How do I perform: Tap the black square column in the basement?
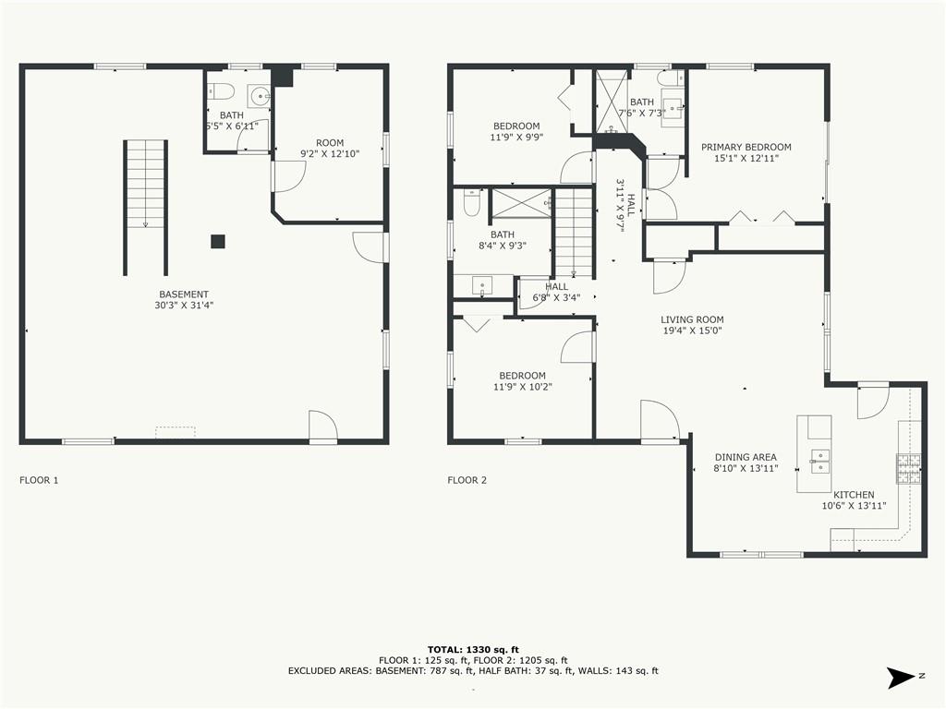tap(218, 241)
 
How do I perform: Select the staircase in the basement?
tap(145, 208)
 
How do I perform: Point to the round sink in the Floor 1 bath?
tap(260, 95)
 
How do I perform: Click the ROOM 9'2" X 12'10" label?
tap(330, 149)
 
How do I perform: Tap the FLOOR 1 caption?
tap(39, 480)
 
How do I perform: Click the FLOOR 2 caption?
tap(467, 480)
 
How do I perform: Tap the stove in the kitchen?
tap(908, 468)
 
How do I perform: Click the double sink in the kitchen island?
tap(819, 462)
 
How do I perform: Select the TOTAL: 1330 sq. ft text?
tap(473, 649)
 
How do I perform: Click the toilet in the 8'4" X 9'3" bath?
tap(471, 202)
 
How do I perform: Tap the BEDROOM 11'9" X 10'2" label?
tap(523, 381)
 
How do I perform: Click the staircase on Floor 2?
tap(574, 233)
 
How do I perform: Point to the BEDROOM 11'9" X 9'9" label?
tap(516, 131)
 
